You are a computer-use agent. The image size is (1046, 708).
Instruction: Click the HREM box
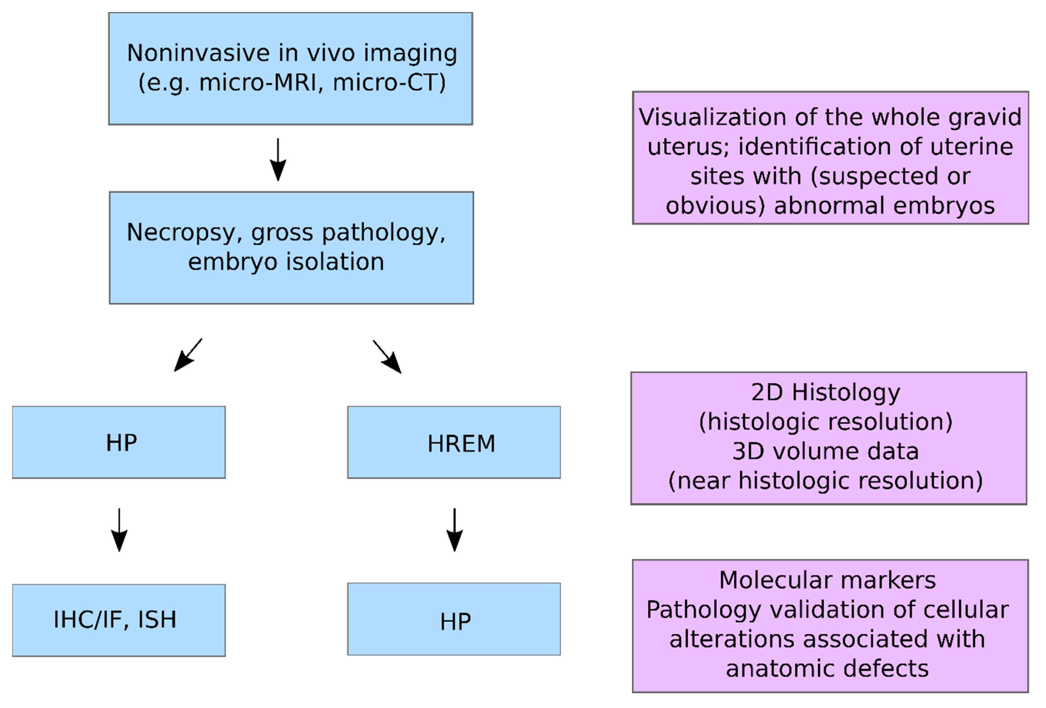click(x=454, y=442)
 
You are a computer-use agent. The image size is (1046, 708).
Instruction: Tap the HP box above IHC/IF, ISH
click(x=119, y=442)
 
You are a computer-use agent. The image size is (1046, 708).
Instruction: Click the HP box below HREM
click(x=454, y=619)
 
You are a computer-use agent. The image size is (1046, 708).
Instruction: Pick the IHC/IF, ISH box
click(x=119, y=620)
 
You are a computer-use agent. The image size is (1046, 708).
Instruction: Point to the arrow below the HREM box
click(x=455, y=530)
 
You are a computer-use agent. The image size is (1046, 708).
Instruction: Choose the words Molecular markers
click(x=827, y=580)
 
